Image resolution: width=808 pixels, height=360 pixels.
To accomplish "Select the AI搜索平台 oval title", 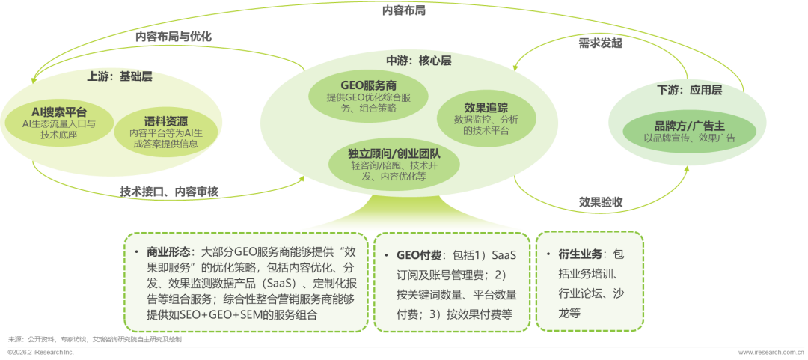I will pyautogui.click(x=60, y=111).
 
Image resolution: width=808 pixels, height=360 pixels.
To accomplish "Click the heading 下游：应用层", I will pyautogui.click(x=689, y=90).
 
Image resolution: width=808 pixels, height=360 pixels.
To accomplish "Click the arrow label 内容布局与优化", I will pyautogui.click(x=174, y=35).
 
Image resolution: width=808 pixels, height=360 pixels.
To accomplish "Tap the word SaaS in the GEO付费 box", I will pyautogui.click(x=501, y=255).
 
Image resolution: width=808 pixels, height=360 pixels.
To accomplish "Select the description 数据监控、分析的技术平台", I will pyautogui.click(x=486, y=124).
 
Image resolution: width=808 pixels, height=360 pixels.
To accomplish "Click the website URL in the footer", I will pyautogui.click(x=771, y=352).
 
